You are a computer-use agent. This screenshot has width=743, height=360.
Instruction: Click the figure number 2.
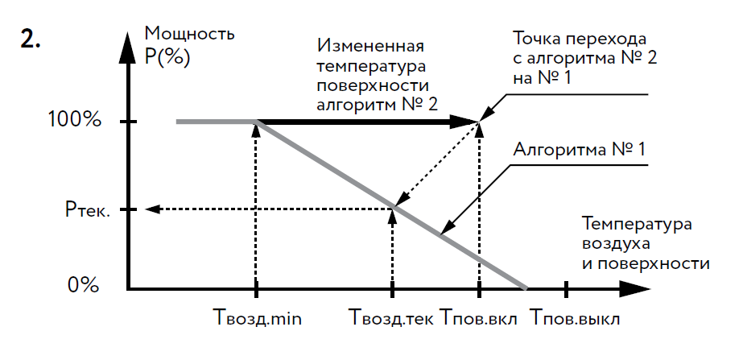point(31,42)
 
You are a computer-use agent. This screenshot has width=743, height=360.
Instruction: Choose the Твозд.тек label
point(392,318)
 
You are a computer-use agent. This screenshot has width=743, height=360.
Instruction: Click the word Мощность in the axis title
point(189,35)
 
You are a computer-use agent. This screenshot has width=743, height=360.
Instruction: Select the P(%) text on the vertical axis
point(167,60)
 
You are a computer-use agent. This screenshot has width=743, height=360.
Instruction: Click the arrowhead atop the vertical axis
point(129,42)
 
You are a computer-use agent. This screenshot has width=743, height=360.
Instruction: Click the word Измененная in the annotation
point(370,46)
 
